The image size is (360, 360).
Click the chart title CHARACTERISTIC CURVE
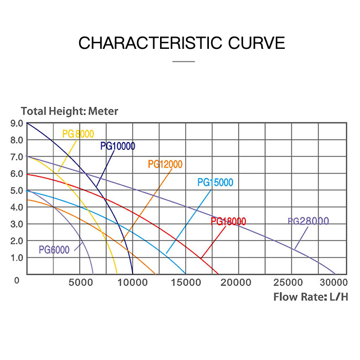[x=181, y=43]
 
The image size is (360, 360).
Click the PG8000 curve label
[x=78, y=134]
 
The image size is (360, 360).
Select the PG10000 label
[x=118, y=147]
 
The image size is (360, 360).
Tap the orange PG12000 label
[x=165, y=165]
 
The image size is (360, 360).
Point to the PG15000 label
[x=215, y=183]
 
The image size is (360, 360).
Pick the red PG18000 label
[x=229, y=221]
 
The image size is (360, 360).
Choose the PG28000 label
[x=308, y=221]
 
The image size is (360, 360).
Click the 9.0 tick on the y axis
[x=16, y=123]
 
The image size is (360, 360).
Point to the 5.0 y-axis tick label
[x=16, y=190]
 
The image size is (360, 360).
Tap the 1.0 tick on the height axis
[x=16, y=258]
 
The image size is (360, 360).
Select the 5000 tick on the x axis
[x=80, y=282]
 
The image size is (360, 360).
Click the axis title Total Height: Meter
[x=70, y=111]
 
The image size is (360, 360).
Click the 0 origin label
[x=17, y=280]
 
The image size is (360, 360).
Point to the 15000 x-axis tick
[x=185, y=282]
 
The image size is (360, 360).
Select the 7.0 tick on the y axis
[x=16, y=157]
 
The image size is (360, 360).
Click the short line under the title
[x=183, y=61]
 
